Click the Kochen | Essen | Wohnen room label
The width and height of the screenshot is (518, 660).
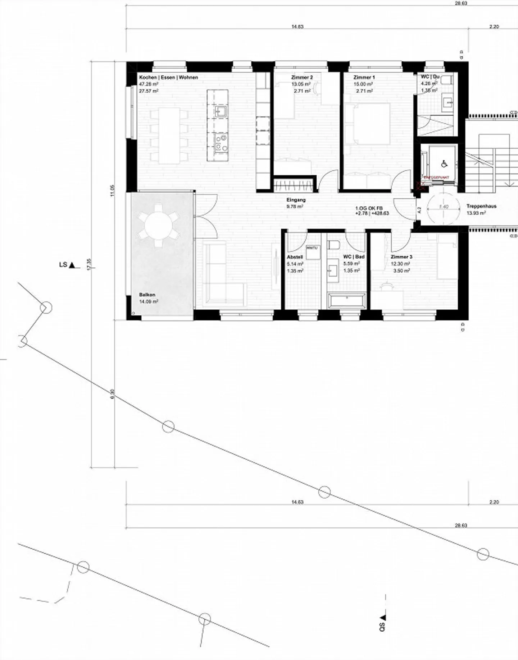pyautogui.click(x=168, y=77)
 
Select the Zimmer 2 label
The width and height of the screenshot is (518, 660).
pyautogui.click(x=302, y=77)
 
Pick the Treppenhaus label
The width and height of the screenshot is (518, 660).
pyautogui.click(x=481, y=207)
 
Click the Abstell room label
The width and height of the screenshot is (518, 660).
pyautogui.click(x=295, y=257)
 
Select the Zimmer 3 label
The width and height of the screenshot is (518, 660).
pyautogui.click(x=401, y=257)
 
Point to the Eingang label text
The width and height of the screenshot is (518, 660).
pyautogui.click(x=296, y=200)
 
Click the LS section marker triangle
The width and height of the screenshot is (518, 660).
pyautogui.click(x=72, y=266)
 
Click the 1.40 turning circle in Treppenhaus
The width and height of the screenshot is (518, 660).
pyautogui.click(x=444, y=207)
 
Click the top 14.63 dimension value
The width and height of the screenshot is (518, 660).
pyautogui.click(x=297, y=27)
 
